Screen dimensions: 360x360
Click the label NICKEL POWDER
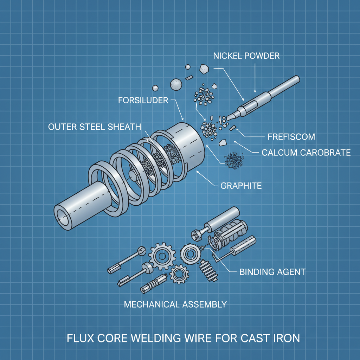pos(246,56)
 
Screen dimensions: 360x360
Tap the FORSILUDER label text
pos(143,101)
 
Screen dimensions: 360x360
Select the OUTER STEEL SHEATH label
pos(94,127)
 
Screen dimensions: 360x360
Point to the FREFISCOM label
pos(291,136)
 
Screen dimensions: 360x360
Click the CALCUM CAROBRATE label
pos(306,152)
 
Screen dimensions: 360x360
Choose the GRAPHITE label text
pos(241,185)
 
